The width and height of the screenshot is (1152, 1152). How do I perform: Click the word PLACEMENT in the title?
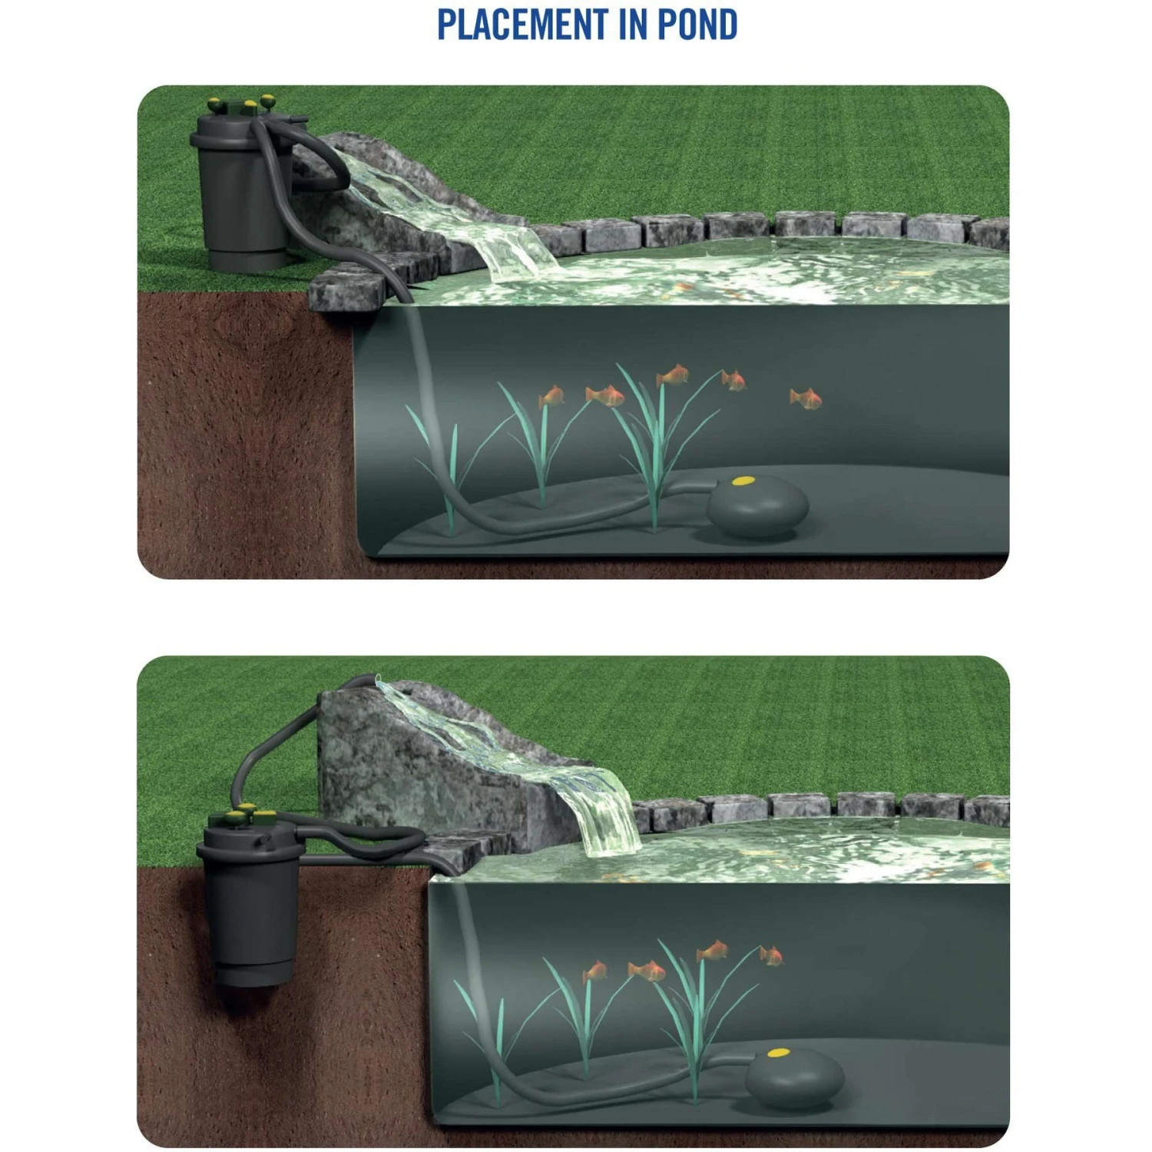click(x=522, y=25)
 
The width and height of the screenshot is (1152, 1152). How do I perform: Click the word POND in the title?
click(x=697, y=25)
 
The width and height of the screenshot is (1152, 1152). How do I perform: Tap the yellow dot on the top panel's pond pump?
click(x=742, y=482)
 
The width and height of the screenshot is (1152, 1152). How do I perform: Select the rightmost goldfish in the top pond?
click(x=806, y=398)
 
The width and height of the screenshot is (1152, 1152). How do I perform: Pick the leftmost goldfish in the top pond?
click(x=551, y=396)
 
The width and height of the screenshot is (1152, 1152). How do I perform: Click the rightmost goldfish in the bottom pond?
click(x=772, y=955)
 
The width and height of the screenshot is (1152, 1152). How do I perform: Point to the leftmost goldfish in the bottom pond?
click(x=594, y=972)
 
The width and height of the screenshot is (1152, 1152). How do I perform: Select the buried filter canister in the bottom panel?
click(x=250, y=899)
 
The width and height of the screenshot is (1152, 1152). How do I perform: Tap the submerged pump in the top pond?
click(x=757, y=505)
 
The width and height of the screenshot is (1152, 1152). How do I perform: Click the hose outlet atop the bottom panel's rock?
click(x=373, y=679)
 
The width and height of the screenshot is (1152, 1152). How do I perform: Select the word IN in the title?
click(x=632, y=25)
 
